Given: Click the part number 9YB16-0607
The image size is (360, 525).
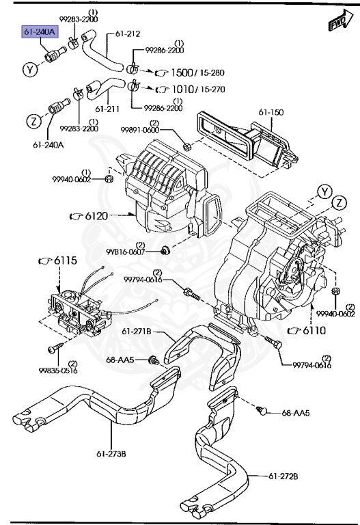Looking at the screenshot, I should click(125, 252).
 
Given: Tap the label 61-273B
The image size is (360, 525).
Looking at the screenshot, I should click(111, 453).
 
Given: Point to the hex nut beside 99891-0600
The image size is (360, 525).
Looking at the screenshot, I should click(186, 146).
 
